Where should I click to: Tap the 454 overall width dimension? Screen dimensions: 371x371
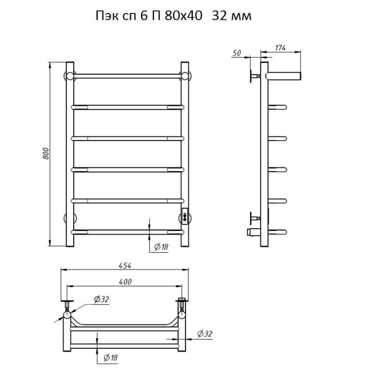125,266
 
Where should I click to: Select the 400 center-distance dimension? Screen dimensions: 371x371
125,282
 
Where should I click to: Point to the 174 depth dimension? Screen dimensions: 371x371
281,48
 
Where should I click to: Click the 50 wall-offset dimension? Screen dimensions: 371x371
237,53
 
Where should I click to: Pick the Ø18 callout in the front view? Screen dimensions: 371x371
161,247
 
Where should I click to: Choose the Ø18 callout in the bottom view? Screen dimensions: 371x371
111,357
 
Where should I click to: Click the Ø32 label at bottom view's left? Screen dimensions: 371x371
102,299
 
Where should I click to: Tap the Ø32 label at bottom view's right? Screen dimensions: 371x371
205,334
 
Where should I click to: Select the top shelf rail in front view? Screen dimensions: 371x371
127,76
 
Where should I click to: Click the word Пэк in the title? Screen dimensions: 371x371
107,16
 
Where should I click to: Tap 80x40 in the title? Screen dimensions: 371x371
184,16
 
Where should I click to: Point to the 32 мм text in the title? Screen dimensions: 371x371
232,16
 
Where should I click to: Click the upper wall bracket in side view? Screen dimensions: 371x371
255,76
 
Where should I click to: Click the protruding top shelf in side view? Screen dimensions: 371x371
283,76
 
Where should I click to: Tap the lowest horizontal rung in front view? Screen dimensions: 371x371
128,232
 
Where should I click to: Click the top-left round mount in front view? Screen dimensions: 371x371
70,76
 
